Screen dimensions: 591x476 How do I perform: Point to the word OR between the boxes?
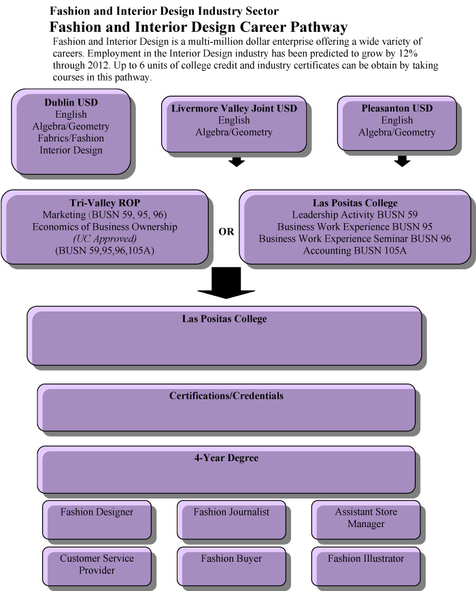pos(226,232)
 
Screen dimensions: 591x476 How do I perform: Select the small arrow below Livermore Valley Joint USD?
pos(236,162)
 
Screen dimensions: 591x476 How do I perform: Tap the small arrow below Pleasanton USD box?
pos(403,161)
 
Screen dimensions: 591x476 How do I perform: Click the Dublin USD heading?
pos(71,102)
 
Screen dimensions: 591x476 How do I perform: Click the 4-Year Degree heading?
pos(226,458)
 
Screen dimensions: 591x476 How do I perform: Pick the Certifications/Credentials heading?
pos(226,395)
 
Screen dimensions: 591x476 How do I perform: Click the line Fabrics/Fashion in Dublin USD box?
pos(71,138)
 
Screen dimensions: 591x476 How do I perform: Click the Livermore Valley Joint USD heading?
pos(234,109)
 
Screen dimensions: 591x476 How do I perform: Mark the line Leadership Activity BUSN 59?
pos(355,214)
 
